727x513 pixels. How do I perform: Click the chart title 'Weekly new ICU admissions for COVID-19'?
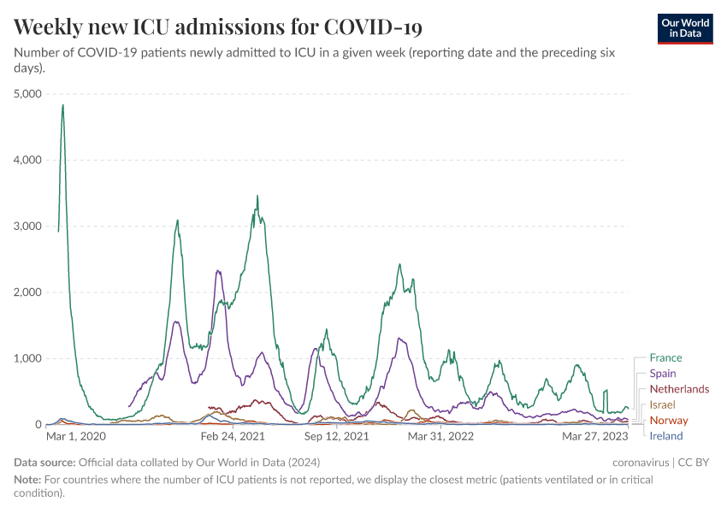[218, 27]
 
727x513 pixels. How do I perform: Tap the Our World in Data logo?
[684, 28]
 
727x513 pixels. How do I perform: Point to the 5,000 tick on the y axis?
[28, 94]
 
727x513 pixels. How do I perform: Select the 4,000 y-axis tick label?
[28, 160]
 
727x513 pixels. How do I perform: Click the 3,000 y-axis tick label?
[28, 227]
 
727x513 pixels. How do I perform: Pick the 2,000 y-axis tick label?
[28, 292]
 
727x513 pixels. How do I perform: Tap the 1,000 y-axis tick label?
[28, 358]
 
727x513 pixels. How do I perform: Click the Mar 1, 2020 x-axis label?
[75, 436]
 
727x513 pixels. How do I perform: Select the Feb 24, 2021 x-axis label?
[233, 436]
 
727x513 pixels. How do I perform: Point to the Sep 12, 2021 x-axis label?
[336, 436]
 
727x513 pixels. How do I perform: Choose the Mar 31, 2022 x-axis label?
[440, 436]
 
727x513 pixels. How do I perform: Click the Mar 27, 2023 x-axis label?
[594, 436]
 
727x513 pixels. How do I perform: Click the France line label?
[665, 358]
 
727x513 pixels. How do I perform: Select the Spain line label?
[663, 374]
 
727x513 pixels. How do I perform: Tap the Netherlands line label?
[679, 389]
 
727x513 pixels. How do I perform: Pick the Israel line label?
[662, 404]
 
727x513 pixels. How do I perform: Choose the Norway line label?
[668, 421]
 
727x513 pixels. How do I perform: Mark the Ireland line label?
[666, 436]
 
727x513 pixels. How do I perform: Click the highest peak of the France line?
[62, 105]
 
